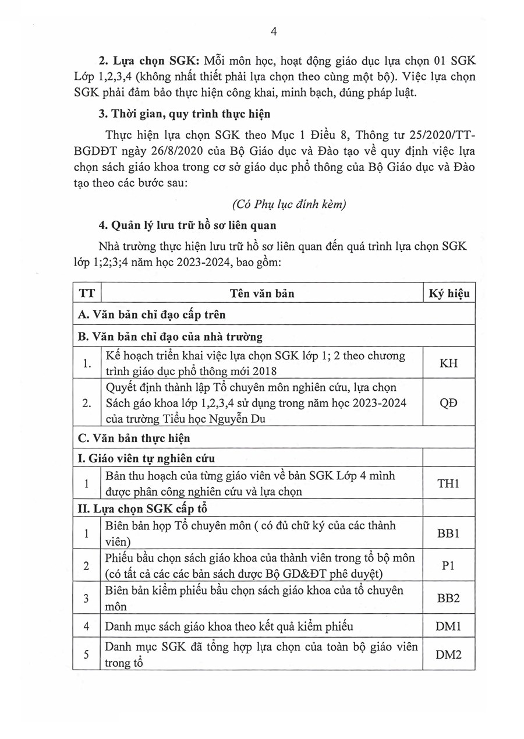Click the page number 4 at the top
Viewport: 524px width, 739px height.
(x=274, y=32)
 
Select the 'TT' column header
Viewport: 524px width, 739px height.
(x=86, y=293)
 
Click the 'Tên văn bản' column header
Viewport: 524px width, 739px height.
(x=261, y=293)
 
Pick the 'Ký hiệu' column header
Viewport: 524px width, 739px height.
(x=449, y=293)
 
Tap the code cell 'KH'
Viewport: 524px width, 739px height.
(x=449, y=363)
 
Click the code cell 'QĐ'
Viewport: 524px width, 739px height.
(x=449, y=403)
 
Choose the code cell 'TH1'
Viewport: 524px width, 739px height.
(x=449, y=483)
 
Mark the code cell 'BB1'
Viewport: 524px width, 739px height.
(x=449, y=532)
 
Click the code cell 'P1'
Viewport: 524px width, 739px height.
(x=449, y=565)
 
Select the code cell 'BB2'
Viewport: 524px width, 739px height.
(x=449, y=597)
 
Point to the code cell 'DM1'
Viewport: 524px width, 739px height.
(x=449, y=627)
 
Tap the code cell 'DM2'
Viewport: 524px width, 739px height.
(x=449, y=655)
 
